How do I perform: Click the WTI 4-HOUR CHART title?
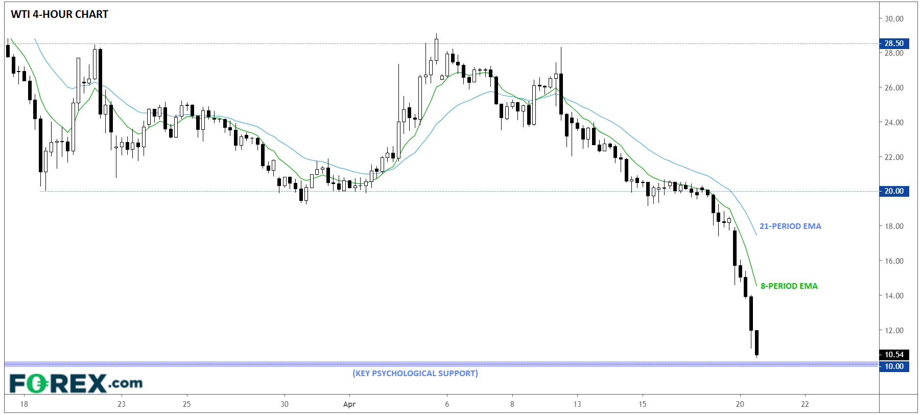pos(59,14)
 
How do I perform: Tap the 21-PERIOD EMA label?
pos(790,226)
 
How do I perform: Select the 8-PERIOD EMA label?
pos(789,286)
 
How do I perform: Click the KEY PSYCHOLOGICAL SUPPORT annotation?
pos(415,373)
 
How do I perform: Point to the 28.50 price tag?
pos(893,43)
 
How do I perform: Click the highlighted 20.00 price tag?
pos(893,191)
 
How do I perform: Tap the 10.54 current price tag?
pos(893,355)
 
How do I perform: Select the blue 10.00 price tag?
pos(893,366)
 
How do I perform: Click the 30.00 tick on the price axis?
pos(894,19)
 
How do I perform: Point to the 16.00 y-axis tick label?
pos(894,261)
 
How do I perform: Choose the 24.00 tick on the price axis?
pos(894,123)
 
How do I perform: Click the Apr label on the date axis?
pos(349,404)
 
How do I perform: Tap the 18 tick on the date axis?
pos(24,404)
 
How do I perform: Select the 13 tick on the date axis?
pos(577,404)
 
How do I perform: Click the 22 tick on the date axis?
pos(805,404)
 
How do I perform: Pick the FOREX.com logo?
pos(76,383)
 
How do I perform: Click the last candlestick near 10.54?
pos(756,342)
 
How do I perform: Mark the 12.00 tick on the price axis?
pos(894,331)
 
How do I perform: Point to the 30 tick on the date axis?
pos(285,404)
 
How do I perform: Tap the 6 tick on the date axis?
pos(447,404)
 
